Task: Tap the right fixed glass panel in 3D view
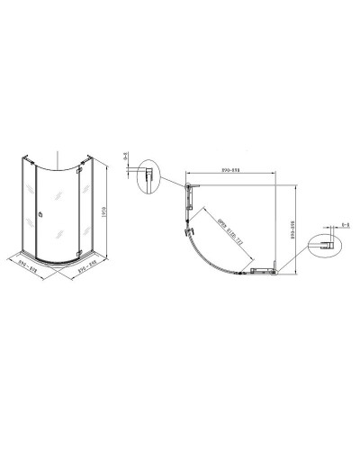[x=91, y=202]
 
